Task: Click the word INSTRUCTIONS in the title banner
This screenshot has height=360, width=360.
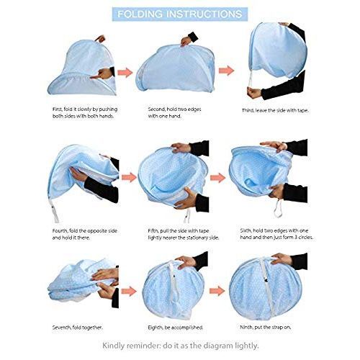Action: click(x=204, y=14)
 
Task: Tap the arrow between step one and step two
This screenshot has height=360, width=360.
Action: click(x=125, y=73)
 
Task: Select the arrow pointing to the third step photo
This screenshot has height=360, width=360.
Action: click(x=226, y=71)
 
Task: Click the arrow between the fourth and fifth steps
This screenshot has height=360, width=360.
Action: click(x=129, y=177)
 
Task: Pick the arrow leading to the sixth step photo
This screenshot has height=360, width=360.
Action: click(x=217, y=178)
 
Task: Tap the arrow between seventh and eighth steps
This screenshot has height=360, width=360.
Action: click(x=129, y=291)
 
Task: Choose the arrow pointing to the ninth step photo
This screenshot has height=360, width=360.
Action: click(x=217, y=291)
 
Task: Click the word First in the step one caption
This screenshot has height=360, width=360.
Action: click(x=58, y=109)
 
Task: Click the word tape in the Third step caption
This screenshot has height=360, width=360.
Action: click(x=302, y=110)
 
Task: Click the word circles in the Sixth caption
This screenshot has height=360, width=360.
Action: click(x=305, y=238)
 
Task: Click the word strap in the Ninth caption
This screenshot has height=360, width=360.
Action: click(x=278, y=328)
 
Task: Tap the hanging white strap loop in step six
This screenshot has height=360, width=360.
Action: click(x=279, y=208)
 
